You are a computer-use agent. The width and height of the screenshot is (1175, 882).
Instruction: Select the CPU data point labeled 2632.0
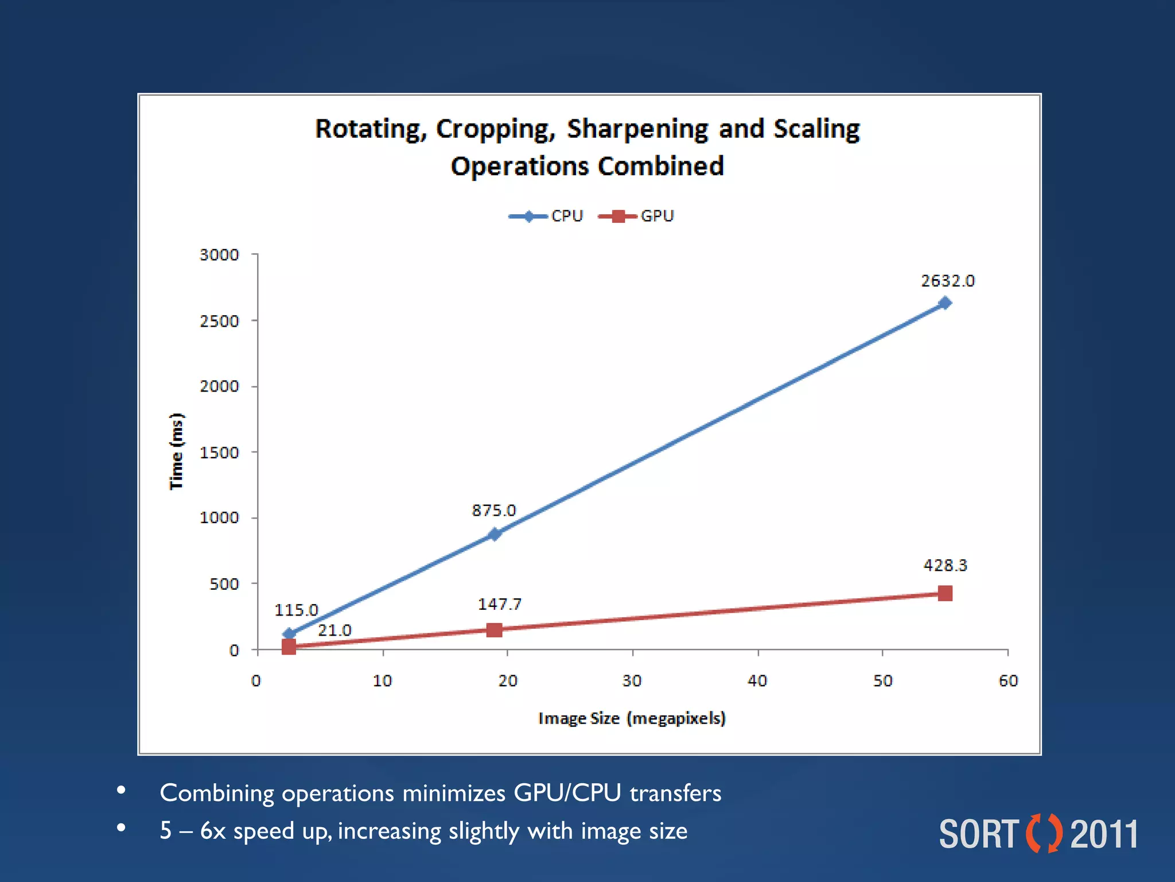click(944, 303)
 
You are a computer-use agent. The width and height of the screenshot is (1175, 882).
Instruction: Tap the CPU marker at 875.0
click(495, 534)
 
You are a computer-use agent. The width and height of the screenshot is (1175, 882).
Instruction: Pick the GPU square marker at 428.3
click(945, 593)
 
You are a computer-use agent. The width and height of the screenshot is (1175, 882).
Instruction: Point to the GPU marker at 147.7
click(494, 630)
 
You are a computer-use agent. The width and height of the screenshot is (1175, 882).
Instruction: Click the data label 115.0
click(296, 610)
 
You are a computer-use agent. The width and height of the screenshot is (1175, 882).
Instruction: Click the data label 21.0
click(334, 630)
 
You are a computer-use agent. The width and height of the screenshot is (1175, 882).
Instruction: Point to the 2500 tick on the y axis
click(219, 320)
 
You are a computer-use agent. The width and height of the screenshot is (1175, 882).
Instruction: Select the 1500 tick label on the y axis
click(219, 452)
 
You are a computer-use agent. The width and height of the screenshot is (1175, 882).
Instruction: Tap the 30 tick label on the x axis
click(632, 681)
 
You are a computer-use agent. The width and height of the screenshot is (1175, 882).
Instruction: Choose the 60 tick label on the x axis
click(1008, 681)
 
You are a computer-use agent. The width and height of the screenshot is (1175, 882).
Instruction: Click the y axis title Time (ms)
click(176, 451)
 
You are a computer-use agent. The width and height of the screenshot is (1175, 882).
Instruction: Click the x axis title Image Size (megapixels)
click(632, 718)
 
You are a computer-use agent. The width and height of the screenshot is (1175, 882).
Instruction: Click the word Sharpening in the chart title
click(637, 129)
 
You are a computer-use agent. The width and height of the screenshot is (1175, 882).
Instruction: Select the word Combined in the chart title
click(660, 167)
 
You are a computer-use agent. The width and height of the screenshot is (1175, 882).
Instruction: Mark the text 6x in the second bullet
click(212, 831)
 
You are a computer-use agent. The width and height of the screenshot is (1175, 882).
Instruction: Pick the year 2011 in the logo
click(1104, 834)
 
